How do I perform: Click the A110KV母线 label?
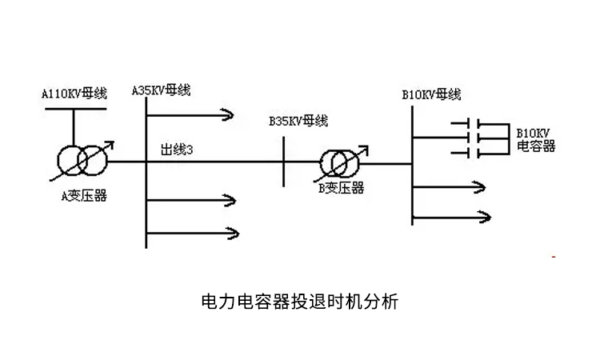(x=74, y=94)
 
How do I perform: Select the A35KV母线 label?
(x=161, y=90)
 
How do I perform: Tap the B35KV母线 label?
(x=298, y=121)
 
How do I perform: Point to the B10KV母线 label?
(x=431, y=94)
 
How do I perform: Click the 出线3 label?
(x=178, y=150)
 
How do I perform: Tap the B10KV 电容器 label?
(x=535, y=140)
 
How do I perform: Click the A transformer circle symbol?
(x=78, y=161)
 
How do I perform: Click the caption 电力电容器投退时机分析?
(x=299, y=302)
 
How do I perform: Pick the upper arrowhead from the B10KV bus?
(x=482, y=186)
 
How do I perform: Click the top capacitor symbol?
(x=472, y=125)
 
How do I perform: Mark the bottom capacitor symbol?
(x=472, y=151)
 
